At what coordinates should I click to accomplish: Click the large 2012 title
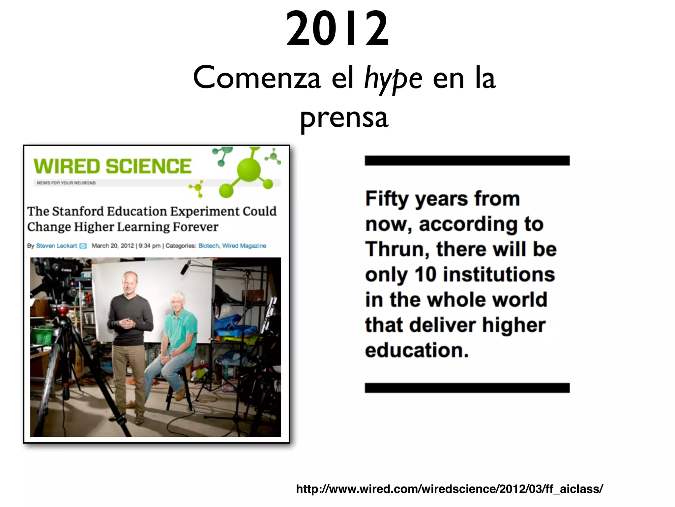tap(337, 29)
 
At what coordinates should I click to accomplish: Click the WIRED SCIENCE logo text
tap(112, 166)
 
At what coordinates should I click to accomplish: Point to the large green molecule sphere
tap(249, 170)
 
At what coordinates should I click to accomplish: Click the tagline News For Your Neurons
tap(66, 183)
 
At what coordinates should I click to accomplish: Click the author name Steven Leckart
tap(56, 246)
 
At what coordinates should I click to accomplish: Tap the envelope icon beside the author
tap(83, 246)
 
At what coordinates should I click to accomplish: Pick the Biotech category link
tap(208, 246)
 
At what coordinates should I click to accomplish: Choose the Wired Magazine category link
tap(244, 246)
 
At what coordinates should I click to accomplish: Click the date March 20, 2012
tap(113, 246)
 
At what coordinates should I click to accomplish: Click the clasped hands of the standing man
tap(127, 322)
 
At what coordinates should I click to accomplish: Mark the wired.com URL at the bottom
tap(450, 489)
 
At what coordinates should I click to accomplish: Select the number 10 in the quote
tap(425, 274)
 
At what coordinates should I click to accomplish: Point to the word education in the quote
tap(417, 350)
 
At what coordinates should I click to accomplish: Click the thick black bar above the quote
tap(467, 160)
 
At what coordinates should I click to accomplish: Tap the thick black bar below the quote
tap(467, 388)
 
